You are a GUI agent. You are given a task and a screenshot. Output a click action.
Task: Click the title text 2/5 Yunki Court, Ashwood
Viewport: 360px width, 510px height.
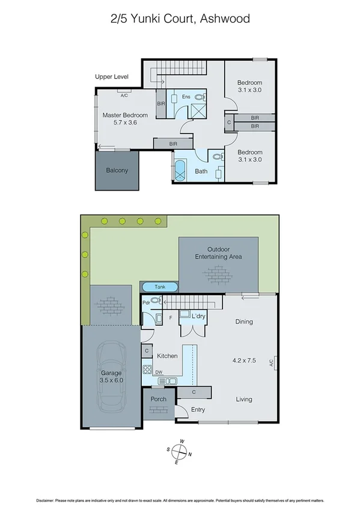180,19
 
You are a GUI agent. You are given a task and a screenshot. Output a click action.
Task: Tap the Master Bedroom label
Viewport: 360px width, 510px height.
124,118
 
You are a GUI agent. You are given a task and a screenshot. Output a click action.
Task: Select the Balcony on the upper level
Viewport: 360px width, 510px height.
117,170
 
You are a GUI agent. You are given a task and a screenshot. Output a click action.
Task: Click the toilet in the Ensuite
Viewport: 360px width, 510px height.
200,96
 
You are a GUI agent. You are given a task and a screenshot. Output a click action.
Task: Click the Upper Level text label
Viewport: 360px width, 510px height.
112,77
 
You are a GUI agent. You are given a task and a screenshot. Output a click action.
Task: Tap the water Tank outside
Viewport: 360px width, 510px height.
160,287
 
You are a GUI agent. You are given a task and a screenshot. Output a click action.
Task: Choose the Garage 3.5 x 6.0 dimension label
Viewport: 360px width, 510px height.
111,376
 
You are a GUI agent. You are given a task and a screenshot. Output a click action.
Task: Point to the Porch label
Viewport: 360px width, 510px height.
159,399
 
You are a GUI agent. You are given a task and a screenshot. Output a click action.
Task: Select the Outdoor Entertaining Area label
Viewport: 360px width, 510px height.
219,253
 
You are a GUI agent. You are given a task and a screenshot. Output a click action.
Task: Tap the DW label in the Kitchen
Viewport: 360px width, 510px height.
159,373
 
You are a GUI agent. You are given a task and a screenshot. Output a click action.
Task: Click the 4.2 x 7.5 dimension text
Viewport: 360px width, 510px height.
244,361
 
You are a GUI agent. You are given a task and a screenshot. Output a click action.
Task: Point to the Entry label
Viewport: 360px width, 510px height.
197,410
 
